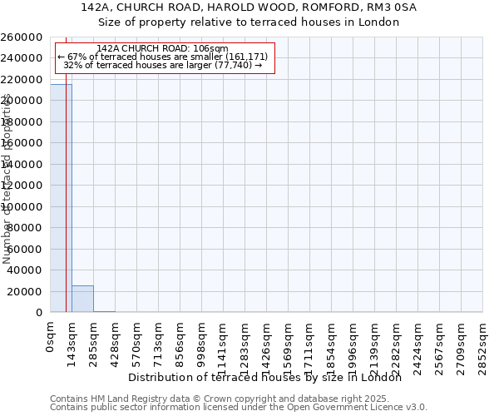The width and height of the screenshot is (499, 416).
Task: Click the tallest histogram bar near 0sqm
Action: pyautogui.click(x=61, y=198)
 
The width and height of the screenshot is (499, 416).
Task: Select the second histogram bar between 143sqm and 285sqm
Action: pyautogui.click(x=82, y=299)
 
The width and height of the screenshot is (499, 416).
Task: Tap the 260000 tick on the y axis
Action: pyautogui.click(x=22, y=37)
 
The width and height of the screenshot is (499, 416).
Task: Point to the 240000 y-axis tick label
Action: pyautogui.click(x=22, y=58)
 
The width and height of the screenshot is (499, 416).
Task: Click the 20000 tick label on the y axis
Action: pyautogui.click(x=26, y=291)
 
